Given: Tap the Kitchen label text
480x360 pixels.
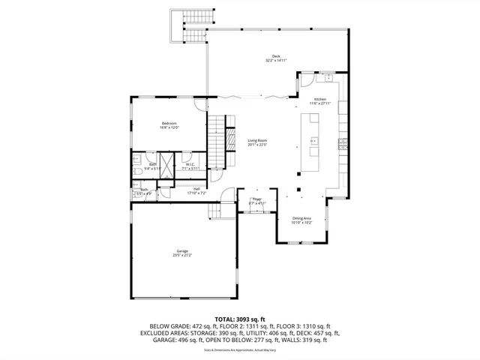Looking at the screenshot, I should click(320, 99).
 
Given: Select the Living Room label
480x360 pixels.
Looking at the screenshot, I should click(257, 140).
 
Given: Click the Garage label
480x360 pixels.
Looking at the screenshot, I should click(182, 250).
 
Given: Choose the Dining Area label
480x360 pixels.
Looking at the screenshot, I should click(301, 217).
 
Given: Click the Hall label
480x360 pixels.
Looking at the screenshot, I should click(196, 188).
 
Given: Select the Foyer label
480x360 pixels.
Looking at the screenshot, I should click(257, 199).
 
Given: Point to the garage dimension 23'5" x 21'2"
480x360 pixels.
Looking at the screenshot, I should click(182, 256).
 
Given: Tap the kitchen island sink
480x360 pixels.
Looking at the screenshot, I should click(313, 140).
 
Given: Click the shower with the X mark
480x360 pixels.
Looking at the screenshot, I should click(167, 163).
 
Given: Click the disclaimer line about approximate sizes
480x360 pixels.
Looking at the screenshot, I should click(240, 349).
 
